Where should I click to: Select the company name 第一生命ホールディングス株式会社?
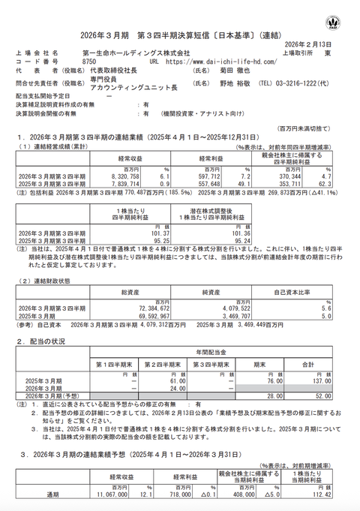point(125,53)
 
